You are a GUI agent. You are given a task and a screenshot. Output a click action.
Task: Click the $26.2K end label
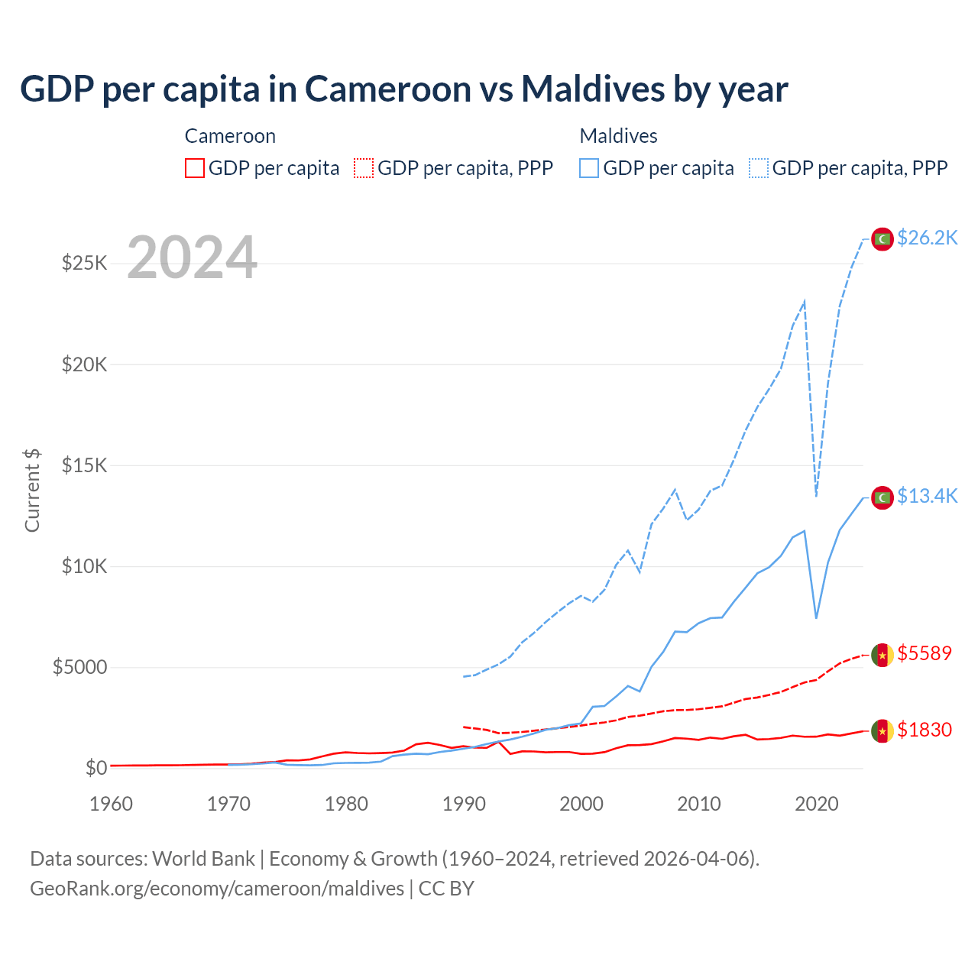click(927, 238)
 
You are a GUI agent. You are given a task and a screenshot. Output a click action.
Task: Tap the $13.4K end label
click(927, 497)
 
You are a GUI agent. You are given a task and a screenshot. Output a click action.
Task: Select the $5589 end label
click(925, 653)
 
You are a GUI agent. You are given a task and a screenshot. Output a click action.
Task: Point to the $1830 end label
click(925, 730)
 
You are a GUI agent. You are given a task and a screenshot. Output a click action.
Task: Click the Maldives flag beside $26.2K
click(882, 239)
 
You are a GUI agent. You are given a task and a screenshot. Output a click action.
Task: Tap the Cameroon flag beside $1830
click(882, 731)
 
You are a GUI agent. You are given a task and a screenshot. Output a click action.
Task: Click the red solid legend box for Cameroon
click(195, 168)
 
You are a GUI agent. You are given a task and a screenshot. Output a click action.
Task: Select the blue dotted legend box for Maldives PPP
click(759, 168)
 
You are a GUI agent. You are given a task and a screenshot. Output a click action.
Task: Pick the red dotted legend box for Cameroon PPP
click(364, 168)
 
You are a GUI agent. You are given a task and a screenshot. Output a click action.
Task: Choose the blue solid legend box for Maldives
click(589, 168)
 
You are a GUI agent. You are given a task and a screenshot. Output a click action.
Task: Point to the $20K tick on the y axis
click(85, 364)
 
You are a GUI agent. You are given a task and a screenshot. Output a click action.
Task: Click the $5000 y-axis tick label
click(79, 668)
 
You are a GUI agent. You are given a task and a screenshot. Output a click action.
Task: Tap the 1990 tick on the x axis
click(464, 804)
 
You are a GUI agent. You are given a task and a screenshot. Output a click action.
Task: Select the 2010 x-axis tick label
click(699, 804)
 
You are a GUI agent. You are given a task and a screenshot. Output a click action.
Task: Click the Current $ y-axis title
click(32, 491)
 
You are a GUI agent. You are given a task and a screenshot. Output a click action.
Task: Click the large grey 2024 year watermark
click(192, 257)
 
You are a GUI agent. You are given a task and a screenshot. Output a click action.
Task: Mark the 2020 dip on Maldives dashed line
click(816, 495)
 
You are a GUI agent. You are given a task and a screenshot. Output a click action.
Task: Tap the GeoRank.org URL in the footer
click(217, 889)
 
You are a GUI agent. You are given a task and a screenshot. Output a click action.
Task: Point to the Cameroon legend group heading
click(230, 136)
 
